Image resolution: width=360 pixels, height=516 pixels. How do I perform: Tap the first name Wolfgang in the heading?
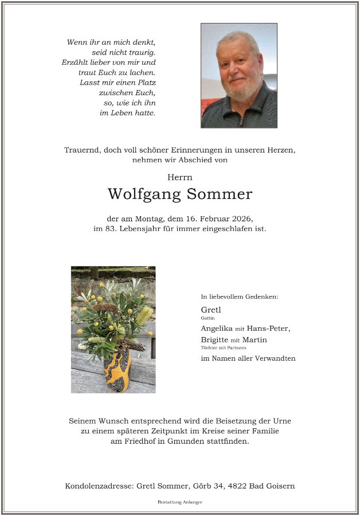pyautogui.click(x=144, y=195)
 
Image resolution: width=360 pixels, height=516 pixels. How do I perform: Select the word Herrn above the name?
pyautogui.click(x=179, y=177)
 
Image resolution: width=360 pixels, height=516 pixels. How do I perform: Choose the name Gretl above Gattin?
pyautogui.click(x=211, y=310)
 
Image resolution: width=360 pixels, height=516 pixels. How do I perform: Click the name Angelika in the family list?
pyautogui.click(x=216, y=329)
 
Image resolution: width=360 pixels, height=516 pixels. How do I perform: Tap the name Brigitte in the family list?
pyautogui.click(x=214, y=339)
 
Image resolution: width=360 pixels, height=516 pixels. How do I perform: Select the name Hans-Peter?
pyautogui.click(x=268, y=329)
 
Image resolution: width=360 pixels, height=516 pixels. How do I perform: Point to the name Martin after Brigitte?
pyautogui.click(x=255, y=339)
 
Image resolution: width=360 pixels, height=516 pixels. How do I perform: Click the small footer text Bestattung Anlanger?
pyautogui.click(x=179, y=502)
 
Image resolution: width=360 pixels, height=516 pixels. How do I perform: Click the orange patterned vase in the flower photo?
pyautogui.click(x=118, y=370)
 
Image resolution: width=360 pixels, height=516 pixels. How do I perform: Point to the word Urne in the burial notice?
pyautogui.click(x=281, y=420)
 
